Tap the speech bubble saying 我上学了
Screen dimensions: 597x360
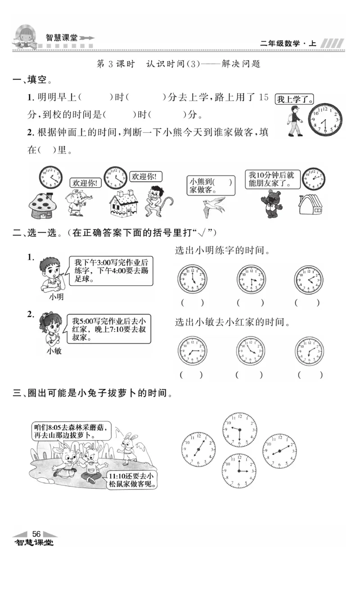pos(294,99)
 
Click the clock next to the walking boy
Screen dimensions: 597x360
pos(325,120)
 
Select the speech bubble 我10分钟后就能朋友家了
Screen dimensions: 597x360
pos(272,180)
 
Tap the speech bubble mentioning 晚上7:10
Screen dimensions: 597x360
pos(111,328)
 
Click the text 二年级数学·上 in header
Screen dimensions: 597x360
pos(288,44)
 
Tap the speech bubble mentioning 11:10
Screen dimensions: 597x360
pos(134,480)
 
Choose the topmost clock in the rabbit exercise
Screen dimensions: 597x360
pos(239,430)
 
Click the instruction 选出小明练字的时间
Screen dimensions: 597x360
pos(222,250)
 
